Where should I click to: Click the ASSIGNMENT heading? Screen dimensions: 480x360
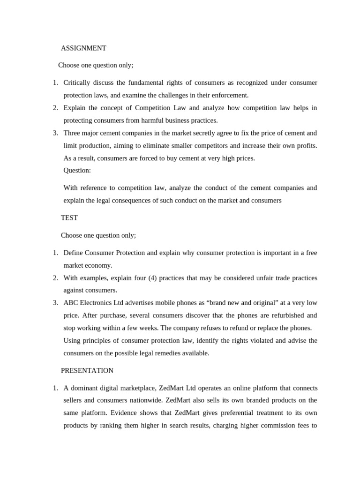pos(83,48)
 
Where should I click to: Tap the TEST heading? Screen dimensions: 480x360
pos(69,218)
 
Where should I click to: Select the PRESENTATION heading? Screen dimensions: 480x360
pos(87,370)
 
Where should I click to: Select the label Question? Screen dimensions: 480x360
pos(77,170)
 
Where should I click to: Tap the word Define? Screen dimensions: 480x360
pos(73,253)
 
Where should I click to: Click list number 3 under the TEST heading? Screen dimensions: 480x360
pos(55,303)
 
